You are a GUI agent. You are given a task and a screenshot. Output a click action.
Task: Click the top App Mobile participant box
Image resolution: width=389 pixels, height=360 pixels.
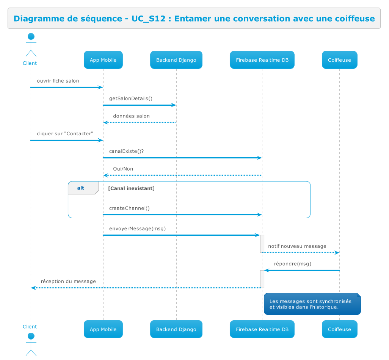click(x=103, y=60)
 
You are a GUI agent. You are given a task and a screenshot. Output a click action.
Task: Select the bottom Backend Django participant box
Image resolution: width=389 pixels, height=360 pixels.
click(x=176, y=329)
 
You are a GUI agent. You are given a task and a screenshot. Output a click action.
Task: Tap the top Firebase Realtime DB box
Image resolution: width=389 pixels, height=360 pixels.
click(x=262, y=60)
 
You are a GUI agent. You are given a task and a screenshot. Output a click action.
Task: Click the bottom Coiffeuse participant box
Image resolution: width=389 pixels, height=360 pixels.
click(x=339, y=329)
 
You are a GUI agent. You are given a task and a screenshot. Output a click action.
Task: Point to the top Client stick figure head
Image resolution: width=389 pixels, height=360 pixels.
click(x=31, y=37)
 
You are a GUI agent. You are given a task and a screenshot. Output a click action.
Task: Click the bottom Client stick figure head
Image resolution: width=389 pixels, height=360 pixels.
click(x=31, y=336)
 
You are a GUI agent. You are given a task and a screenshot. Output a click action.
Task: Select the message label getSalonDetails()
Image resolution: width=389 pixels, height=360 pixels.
click(x=130, y=99)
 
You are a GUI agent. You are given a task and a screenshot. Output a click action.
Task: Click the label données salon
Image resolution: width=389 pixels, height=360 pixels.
click(x=131, y=116)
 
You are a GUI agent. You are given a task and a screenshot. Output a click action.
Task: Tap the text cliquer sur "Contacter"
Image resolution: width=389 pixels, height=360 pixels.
click(x=65, y=134)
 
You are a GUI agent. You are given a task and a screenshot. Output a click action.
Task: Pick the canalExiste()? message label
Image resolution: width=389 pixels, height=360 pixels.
click(x=126, y=151)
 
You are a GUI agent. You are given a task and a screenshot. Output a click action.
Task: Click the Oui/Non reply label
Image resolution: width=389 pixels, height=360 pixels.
click(x=123, y=169)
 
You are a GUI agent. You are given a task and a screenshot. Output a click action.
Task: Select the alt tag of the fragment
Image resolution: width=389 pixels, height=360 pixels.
click(x=81, y=188)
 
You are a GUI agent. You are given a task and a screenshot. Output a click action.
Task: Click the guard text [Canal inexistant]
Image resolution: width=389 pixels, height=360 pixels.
click(x=131, y=188)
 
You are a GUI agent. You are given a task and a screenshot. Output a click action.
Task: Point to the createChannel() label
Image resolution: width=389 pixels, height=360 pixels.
click(x=129, y=208)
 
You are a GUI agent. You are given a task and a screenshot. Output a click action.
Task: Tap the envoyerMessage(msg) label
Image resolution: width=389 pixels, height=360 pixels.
click(x=137, y=229)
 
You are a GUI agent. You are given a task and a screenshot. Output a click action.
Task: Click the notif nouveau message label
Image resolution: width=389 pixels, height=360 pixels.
click(x=297, y=246)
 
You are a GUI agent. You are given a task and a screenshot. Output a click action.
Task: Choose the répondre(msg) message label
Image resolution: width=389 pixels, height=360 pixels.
click(x=292, y=264)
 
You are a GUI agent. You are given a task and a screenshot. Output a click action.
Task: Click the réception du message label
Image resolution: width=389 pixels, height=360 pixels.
click(x=68, y=281)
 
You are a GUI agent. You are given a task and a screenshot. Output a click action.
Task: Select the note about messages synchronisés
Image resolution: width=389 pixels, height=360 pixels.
click(x=312, y=304)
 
